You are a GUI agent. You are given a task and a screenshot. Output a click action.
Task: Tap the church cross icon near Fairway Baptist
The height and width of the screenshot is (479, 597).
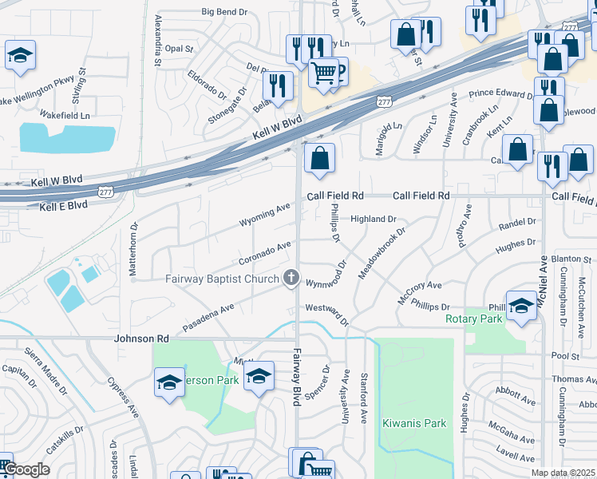click(x=292, y=278)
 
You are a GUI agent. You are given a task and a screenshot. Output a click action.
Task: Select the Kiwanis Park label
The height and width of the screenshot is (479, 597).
click(x=413, y=423)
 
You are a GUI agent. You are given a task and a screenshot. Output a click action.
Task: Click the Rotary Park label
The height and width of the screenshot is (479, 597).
click(x=474, y=319)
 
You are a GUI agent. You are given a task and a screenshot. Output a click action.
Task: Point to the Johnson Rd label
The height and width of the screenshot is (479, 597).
click(x=144, y=338)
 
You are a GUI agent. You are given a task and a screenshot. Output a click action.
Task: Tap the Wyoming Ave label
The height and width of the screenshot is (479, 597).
click(x=265, y=215)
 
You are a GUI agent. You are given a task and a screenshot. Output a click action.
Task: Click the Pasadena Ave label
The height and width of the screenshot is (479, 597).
click(x=208, y=317)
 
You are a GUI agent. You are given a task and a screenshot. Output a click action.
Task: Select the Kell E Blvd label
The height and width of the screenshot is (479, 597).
click(x=64, y=206)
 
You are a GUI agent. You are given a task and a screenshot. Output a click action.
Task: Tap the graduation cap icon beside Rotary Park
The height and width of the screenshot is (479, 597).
click(x=521, y=307)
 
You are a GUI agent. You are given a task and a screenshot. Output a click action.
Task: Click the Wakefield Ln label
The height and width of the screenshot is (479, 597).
click(x=65, y=115)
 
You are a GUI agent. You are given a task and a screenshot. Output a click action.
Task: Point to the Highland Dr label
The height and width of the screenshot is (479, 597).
click(x=374, y=219)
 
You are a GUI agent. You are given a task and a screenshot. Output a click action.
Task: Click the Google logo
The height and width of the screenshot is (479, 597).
click(x=26, y=469)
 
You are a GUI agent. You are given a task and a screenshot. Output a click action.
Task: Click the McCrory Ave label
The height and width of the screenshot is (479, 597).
click(x=419, y=292)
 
